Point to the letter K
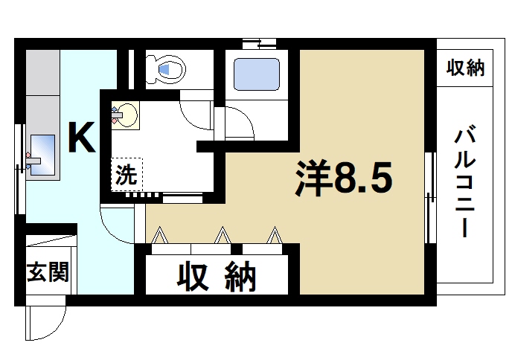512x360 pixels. pos(81,138)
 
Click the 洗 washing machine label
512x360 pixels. pos(126,177)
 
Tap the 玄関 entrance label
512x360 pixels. pos(48,272)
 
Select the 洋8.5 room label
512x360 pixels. pos(342,178)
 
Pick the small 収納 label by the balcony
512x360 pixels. pos(465,68)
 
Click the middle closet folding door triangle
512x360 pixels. pos(222,236)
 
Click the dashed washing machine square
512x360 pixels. pos(127,176)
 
